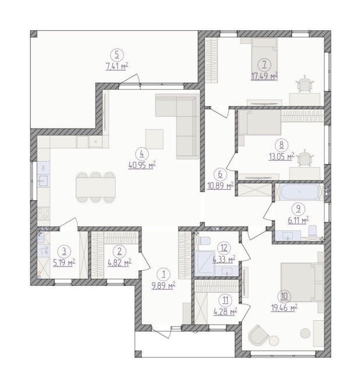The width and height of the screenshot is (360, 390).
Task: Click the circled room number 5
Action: pyautogui.click(x=117, y=55)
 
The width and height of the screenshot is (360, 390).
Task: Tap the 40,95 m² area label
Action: pyautogui.click(x=142, y=165)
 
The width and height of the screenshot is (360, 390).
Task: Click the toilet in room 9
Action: pyautogui.click(x=312, y=231)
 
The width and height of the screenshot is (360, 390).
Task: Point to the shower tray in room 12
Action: pyautogui.click(x=205, y=263)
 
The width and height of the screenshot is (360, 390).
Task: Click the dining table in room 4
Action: pyautogui.click(x=96, y=187)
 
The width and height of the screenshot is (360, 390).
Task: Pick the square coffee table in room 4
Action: pyautogui.click(x=154, y=139)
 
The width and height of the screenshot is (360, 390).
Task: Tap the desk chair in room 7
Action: pyautogui.click(x=305, y=84)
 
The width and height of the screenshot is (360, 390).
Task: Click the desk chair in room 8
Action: pyautogui.click(x=305, y=158)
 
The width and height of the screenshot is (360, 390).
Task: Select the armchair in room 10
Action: pyautogui.click(x=259, y=335)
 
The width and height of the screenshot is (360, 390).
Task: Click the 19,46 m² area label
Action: pyautogui.click(x=284, y=308)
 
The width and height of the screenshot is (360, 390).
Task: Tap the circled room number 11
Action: pyautogui.click(x=225, y=300)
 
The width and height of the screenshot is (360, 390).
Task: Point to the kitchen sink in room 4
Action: pyautogui.click(x=44, y=180)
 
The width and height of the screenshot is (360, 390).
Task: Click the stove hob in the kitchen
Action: pyautogui.click(x=44, y=214)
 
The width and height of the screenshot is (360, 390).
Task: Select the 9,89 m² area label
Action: pyautogui.click(x=164, y=286)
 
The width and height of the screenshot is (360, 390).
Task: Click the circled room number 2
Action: pyautogui.click(x=119, y=251)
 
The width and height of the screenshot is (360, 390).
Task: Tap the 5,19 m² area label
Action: pyautogui.click(x=64, y=263)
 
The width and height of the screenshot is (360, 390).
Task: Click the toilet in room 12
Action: pyautogui.click(x=204, y=241)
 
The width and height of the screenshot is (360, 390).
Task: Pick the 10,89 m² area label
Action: pyautogui.click(x=220, y=185)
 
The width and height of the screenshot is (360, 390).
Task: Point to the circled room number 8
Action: pyautogui.click(x=281, y=145)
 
